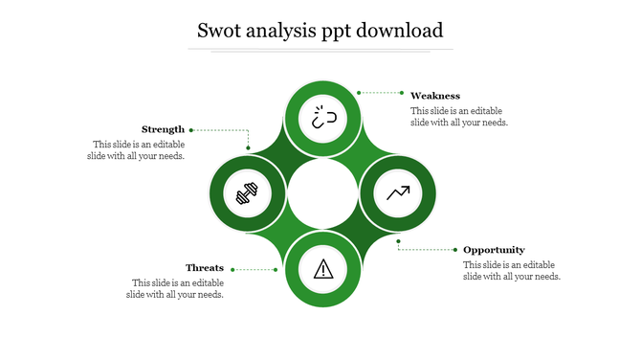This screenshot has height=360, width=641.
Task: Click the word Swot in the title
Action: click(x=220, y=30)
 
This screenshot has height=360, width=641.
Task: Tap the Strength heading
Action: click(x=164, y=129)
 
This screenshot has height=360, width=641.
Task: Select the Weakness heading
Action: click(x=435, y=96)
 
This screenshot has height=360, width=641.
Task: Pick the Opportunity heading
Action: click(x=494, y=250)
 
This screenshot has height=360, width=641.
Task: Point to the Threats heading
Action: click(x=205, y=268)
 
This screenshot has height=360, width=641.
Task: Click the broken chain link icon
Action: click(x=322, y=120)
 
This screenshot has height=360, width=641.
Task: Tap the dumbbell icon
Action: click(x=247, y=194)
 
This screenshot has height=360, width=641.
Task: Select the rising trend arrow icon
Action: click(x=398, y=193)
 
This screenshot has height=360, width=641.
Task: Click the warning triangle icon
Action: click(x=322, y=268)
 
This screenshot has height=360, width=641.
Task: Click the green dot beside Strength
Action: click(x=191, y=129)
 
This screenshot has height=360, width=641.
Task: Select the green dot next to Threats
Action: click(x=276, y=269)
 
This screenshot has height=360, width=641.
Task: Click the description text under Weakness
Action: click(x=458, y=116)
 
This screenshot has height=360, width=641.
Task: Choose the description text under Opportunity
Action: click(x=511, y=270)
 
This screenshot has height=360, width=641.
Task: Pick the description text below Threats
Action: click(x=177, y=288)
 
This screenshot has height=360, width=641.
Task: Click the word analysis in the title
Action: click(x=296, y=30)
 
